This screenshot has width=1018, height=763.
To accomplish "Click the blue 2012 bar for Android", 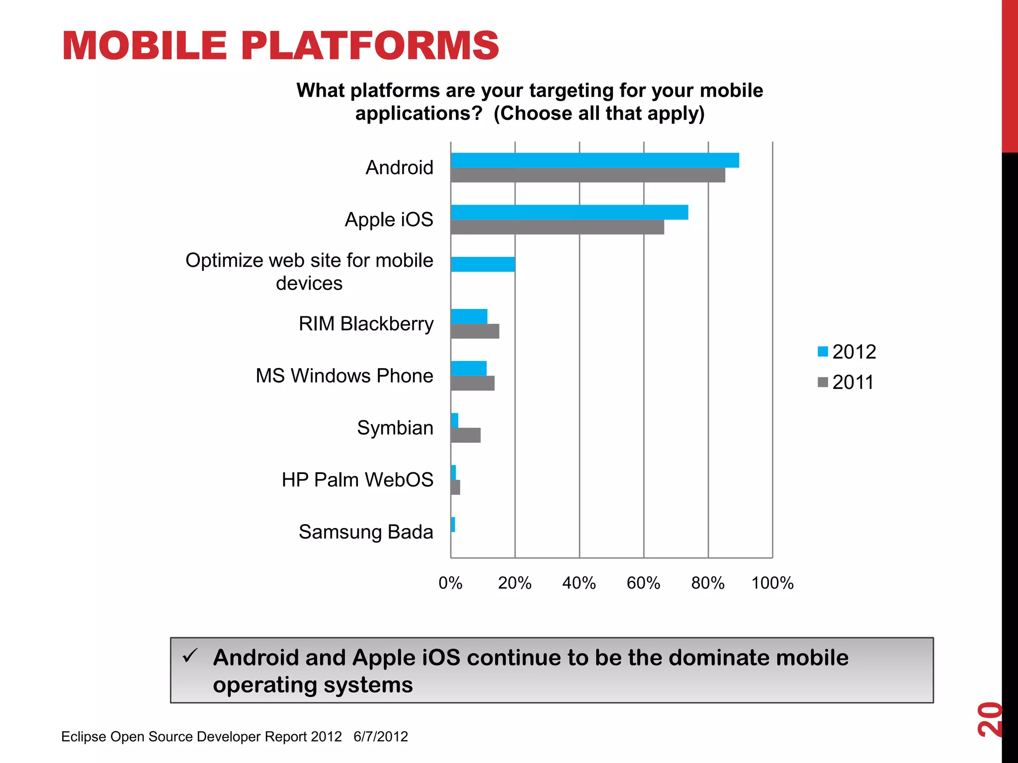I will (594, 160).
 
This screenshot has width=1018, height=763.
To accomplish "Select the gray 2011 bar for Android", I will (588, 175).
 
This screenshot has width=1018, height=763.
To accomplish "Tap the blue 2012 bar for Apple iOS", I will (569, 212).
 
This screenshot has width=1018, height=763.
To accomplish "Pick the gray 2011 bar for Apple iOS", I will (557, 227).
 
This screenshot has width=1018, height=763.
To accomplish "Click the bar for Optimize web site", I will (483, 264).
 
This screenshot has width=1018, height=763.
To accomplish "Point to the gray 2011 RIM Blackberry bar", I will (475, 331).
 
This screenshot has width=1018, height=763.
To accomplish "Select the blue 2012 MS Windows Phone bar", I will (468, 369).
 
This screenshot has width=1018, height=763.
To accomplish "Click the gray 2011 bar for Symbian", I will (465, 435).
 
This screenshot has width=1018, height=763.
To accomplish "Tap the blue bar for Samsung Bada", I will (453, 525).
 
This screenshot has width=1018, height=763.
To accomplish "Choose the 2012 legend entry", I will (847, 352).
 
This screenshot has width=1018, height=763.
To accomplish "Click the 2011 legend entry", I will (846, 382).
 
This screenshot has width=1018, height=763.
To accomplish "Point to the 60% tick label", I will (643, 583).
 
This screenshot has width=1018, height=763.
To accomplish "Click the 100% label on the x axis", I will (772, 583).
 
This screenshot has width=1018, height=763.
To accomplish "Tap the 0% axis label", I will (450, 583).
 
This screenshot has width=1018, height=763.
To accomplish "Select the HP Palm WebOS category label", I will (357, 480).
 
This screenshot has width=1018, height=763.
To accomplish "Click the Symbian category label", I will (395, 428).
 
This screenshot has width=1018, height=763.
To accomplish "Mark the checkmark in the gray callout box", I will (190, 656).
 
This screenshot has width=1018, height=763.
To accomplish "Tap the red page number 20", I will (989, 719).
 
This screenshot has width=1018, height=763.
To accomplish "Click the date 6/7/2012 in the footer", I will (381, 736).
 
